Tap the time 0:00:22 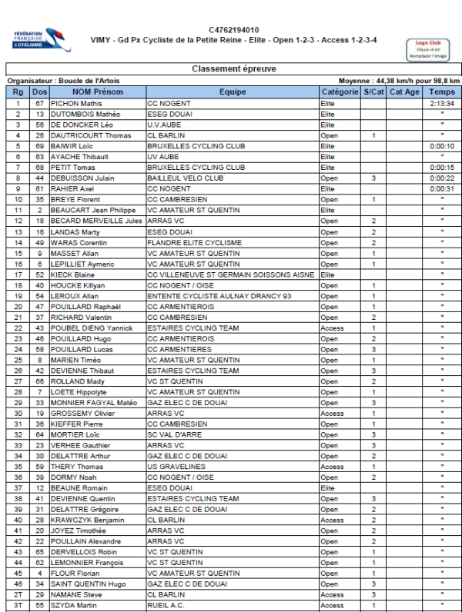pyautogui.click(x=442, y=177)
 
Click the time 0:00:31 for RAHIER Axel pyautogui.click(x=442, y=188)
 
